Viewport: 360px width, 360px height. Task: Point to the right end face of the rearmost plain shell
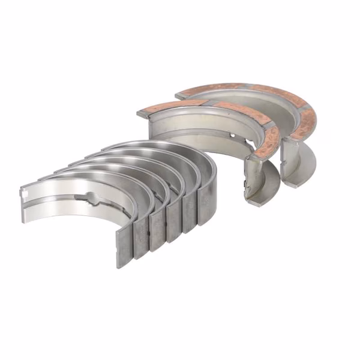click(205, 208)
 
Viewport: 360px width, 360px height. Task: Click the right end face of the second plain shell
click(142, 239)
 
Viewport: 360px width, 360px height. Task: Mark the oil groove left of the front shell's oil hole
click(60, 195)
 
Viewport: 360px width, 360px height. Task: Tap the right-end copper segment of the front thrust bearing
click(268, 141)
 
